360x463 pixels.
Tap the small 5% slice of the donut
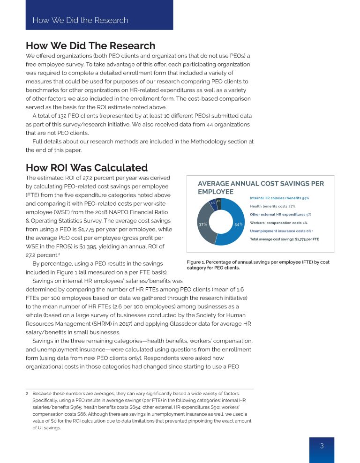(x=213, y=203)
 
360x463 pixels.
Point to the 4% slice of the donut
(x=218, y=202)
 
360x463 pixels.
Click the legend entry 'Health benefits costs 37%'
(x=272, y=206)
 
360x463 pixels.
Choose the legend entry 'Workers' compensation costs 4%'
(x=278, y=223)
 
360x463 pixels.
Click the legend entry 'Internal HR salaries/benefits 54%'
(x=279, y=198)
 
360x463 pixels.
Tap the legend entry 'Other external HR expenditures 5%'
(x=280, y=215)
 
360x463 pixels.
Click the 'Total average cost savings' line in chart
(x=284, y=239)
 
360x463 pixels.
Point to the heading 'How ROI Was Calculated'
(x=86, y=168)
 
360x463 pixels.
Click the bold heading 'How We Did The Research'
(x=90, y=45)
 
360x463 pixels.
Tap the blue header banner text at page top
(x=80, y=20)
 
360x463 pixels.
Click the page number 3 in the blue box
(x=322, y=446)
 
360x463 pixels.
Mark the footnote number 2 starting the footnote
(x=27, y=393)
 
